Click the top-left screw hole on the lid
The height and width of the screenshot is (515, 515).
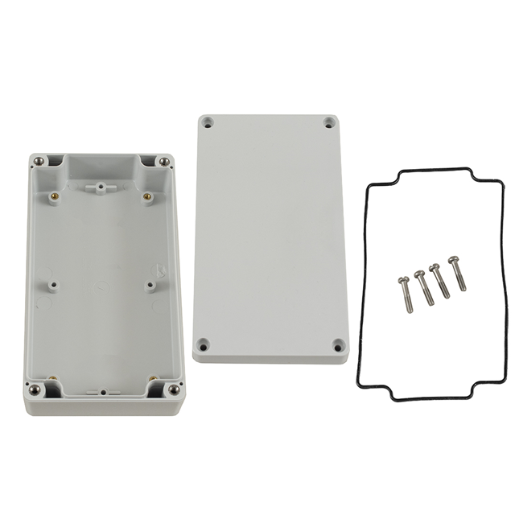click(x=208, y=124)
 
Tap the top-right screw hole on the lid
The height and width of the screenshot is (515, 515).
click(x=329, y=123)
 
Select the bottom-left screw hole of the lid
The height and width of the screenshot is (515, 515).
click(x=204, y=344)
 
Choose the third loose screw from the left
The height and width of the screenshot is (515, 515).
click(x=440, y=279)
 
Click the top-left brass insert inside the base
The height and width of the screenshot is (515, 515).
click(x=52, y=195)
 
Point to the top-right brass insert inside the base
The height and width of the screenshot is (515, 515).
click(x=147, y=195)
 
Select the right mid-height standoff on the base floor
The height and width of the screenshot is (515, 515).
click(x=150, y=284)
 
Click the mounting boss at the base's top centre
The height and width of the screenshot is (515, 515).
click(x=99, y=188)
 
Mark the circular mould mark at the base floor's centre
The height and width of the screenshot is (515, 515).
click(x=101, y=283)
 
